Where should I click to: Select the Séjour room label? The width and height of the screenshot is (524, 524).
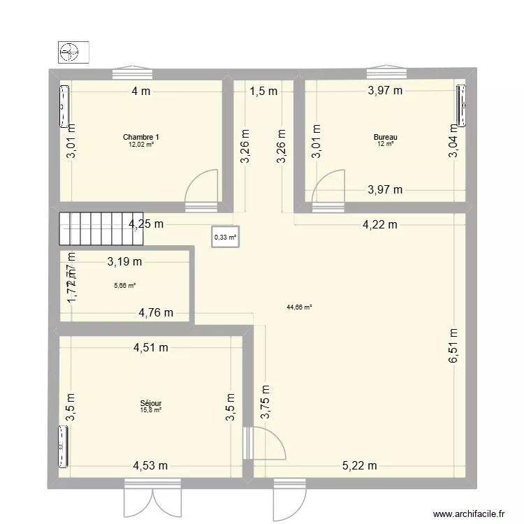[151, 403]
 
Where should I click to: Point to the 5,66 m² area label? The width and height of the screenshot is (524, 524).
[124, 285]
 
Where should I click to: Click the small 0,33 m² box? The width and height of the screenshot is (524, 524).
[225, 237]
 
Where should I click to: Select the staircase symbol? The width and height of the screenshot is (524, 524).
[101, 229]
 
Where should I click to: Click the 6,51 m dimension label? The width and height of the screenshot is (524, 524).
[453, 346]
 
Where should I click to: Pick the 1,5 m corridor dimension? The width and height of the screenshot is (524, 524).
[263, 90]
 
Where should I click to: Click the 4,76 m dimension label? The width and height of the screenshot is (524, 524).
[155, 312]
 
